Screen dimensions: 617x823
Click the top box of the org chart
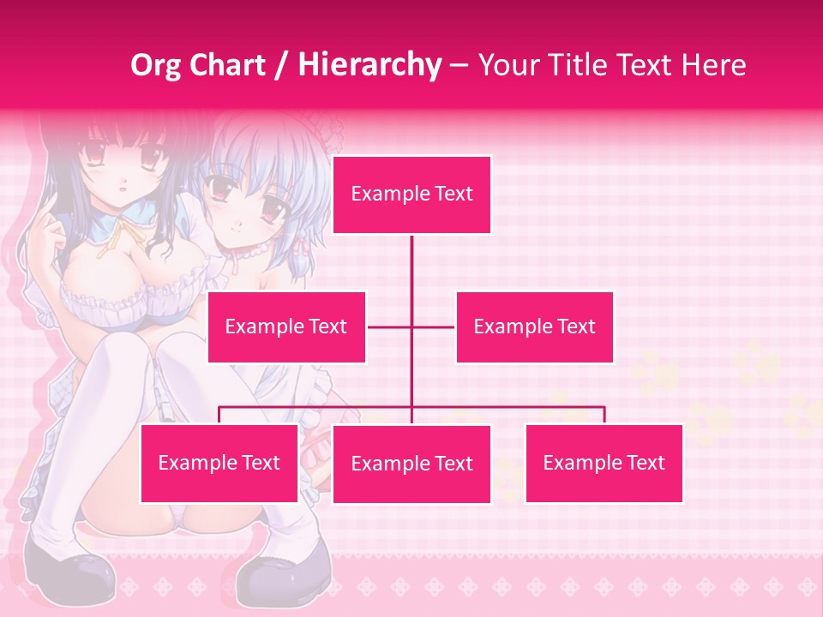411,195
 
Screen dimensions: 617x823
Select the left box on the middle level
286,327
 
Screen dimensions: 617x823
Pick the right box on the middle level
534,327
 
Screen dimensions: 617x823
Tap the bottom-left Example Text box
219,464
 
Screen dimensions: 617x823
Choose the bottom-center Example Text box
411,464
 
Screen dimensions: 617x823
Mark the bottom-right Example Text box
604,464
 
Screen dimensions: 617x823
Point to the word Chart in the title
228,65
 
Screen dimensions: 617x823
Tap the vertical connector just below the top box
411,257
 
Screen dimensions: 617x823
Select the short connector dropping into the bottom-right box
604,415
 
